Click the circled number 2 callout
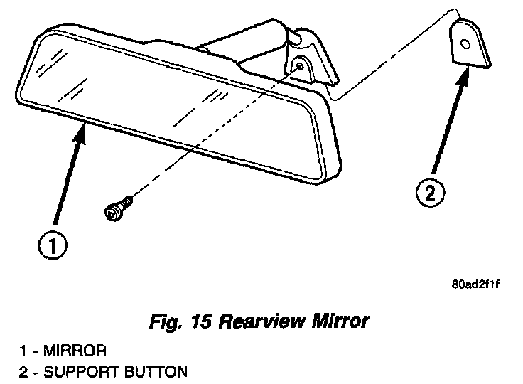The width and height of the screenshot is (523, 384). tap(431, 193)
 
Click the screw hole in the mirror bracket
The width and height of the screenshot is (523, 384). tap(301, 66)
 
